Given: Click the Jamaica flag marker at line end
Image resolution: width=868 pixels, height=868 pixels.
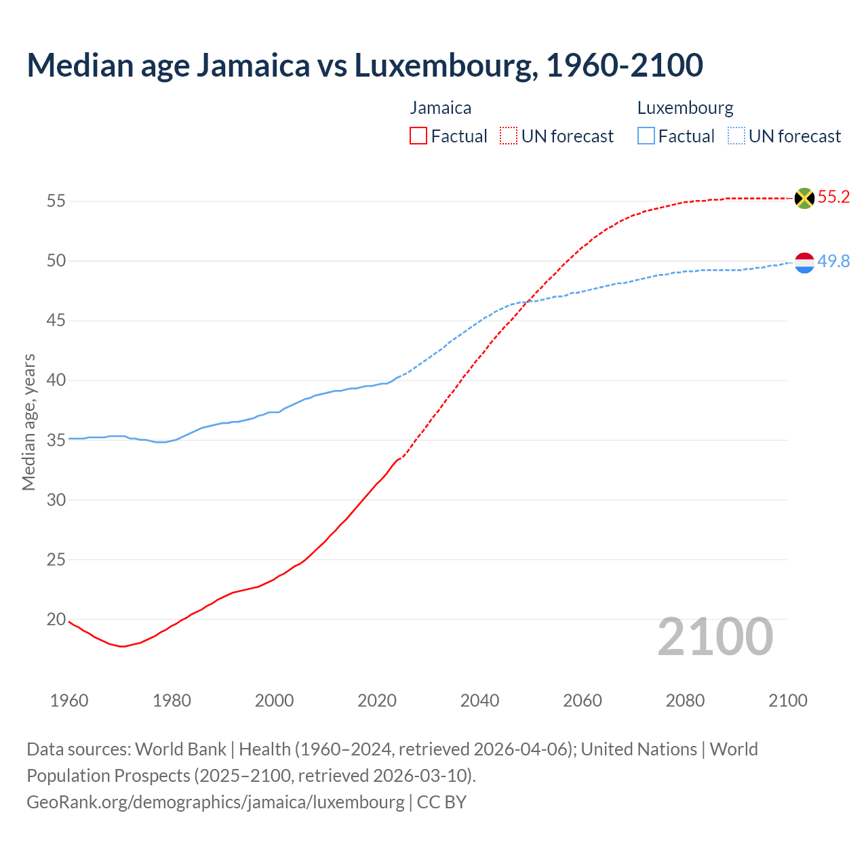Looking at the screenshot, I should [804, 198].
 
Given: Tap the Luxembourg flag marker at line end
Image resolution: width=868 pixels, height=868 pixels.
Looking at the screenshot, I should [804, 262].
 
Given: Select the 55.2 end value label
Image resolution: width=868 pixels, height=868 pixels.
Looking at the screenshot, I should [833, 197].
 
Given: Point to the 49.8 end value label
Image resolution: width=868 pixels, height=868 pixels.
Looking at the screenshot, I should [833, 262].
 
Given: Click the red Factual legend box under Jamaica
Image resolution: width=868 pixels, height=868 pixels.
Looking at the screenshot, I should [418, 136].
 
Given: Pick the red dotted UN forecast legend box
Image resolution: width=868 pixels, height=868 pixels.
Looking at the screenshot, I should [509, 136].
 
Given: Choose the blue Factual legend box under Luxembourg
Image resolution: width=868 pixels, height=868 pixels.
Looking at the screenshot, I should [646, 136].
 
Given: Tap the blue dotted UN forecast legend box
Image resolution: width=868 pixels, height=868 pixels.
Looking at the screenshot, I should [736, 136].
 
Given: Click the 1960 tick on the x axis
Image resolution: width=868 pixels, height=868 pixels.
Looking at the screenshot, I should [69, 701].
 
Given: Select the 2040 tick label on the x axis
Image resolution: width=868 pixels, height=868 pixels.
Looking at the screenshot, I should [479, 701].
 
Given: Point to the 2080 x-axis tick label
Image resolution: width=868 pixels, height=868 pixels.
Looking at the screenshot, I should [685, 701].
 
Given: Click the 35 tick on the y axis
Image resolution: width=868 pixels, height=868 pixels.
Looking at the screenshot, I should [56, 440].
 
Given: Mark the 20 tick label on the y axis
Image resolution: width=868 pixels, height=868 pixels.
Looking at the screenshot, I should [56, 619].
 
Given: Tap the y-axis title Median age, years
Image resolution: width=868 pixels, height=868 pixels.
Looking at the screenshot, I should [28, 422].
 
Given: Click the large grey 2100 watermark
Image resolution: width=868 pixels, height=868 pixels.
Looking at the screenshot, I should [715, 637].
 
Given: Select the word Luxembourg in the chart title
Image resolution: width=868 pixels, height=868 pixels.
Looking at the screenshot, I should [443, 66].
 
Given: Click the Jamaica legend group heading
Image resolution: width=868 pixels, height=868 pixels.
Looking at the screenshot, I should [441, 108].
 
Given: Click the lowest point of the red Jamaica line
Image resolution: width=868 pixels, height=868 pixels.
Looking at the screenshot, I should [122, 646].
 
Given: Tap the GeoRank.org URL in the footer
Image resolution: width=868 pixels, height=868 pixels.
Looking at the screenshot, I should [215, 802].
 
